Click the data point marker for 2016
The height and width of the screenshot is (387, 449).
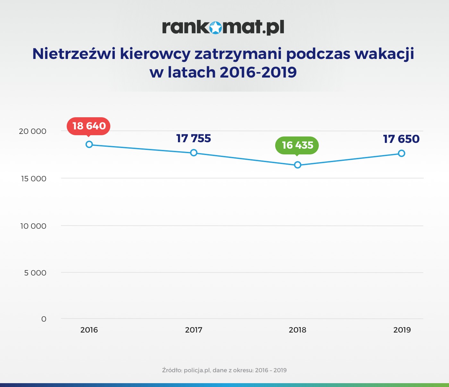(89, 144)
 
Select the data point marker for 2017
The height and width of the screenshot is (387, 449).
(194, 153)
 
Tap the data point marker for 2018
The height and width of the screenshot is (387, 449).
(298, 165)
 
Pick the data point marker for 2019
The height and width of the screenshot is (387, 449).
(402, 153)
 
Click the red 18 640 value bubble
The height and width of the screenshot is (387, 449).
(89, 126)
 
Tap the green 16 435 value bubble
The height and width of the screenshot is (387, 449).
(297, 145)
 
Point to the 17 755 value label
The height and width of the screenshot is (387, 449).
(194, 138)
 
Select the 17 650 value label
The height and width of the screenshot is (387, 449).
(401, 139)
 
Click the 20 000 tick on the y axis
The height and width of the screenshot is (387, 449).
(33, 131)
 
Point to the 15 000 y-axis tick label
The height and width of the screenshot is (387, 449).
(34, 179)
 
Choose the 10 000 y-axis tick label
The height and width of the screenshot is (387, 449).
(33, 226)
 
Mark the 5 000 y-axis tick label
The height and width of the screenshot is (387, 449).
(35, 273)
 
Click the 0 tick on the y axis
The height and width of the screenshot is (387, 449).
(44, 319)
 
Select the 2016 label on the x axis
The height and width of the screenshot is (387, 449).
(89, 330)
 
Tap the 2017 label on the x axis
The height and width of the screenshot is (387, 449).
(194, 330)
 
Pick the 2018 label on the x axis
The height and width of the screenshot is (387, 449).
(298, 330)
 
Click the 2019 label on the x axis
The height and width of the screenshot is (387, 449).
(402, 330)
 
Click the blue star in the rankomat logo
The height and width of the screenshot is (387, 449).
(216, 28)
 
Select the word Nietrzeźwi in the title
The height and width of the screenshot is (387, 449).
(74, 54)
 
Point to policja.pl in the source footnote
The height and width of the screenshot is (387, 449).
(197, 370)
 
